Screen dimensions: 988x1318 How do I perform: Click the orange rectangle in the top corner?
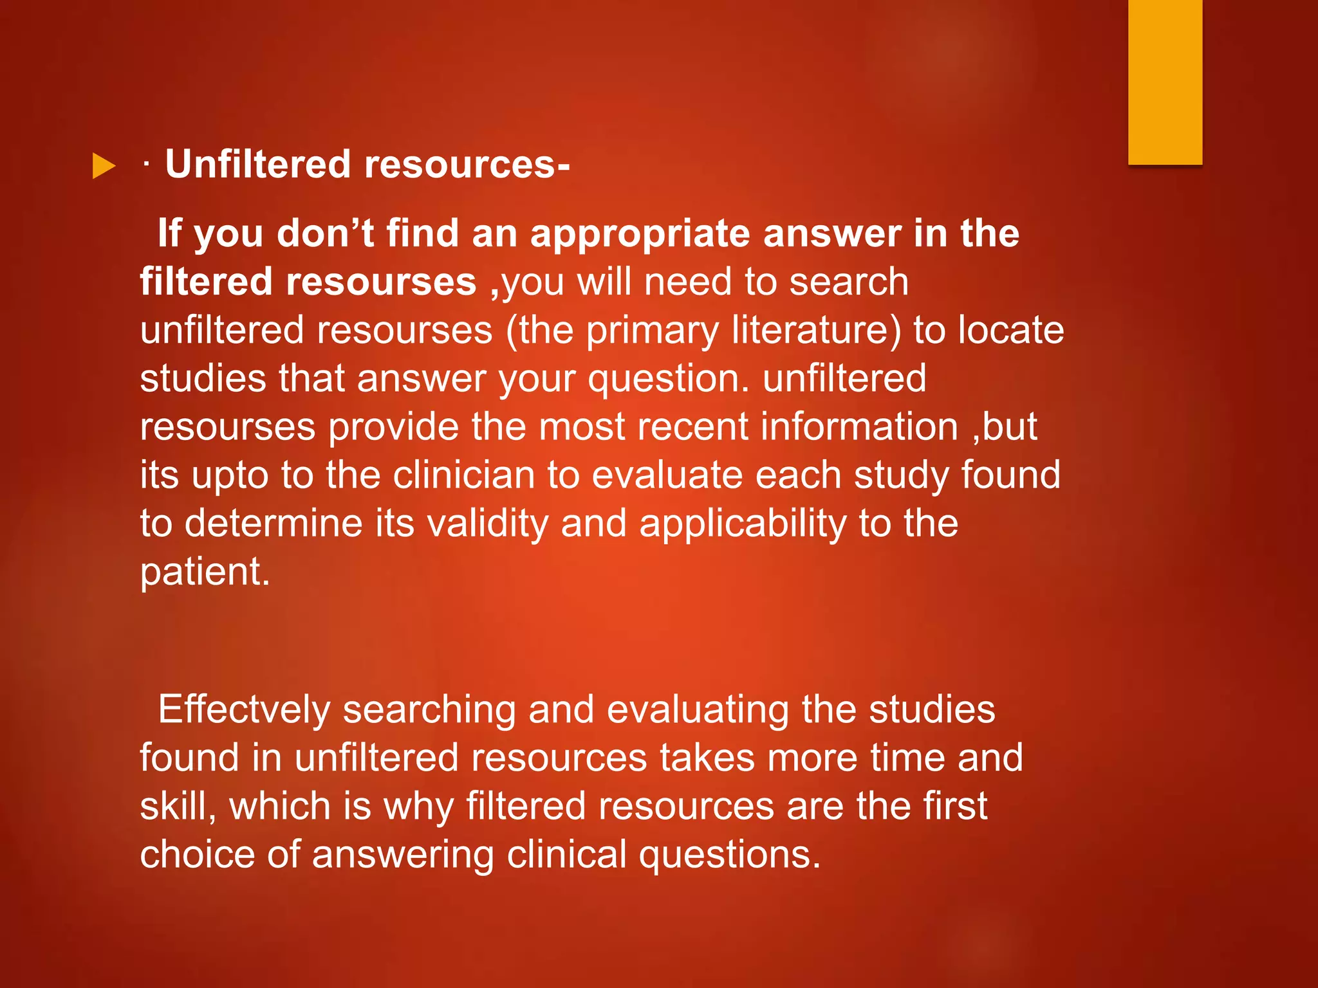1165,82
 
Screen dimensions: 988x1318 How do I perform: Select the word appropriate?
640,234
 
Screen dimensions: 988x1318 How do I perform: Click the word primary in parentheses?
652,332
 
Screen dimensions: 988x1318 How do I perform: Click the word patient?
205,572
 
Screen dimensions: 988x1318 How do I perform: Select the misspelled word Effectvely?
244,710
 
